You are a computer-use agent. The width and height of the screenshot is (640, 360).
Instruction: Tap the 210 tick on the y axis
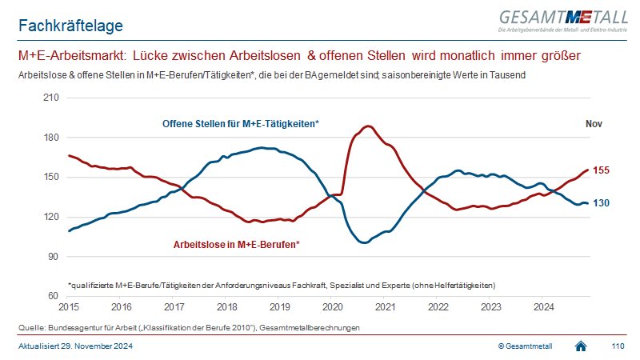click(x=54, y=98)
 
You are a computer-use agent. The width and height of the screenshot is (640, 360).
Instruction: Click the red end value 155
click(x=602, y=170)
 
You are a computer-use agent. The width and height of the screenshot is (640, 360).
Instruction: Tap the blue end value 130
click(x=602, y=203)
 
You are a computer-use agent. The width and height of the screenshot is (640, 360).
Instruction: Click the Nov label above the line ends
click(x=594, y=124)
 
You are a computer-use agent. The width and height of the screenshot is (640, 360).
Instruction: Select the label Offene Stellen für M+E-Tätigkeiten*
click(x=241, y=124)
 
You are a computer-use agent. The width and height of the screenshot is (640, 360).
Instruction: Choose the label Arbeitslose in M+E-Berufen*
click(x=237, y=243)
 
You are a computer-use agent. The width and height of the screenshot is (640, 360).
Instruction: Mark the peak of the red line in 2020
click(x=367, y=126)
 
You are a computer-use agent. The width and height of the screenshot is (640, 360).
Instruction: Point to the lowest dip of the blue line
click(x=364, y=242)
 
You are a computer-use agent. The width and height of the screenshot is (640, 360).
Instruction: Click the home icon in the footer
click(x=582, y=346)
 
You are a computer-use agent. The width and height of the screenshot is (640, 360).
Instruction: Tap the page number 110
click(x=617, y=346)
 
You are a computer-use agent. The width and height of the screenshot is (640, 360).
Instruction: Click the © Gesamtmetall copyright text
click(x=525, y=346)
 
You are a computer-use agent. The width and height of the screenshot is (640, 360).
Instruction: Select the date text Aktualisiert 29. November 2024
click(x=76, y=346)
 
